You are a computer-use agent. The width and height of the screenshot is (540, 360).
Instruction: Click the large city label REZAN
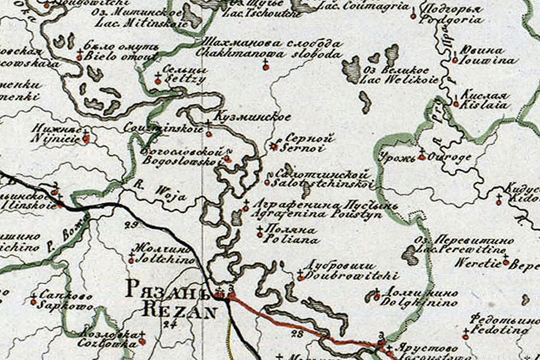[x=179, y=310]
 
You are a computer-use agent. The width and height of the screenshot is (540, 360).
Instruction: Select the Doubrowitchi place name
[x=351, y=277]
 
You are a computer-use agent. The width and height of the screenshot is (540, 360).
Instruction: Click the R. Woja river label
[x=161, y=193]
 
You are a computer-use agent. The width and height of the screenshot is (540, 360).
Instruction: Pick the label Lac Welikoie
[x=399, y=80]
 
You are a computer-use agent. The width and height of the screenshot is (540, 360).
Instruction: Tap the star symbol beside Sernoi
[x=275, y=145]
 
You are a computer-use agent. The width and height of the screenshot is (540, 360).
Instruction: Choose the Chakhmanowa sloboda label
[x=268, y=53]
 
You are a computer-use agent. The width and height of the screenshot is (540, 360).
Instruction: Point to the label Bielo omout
[x=122, y=56]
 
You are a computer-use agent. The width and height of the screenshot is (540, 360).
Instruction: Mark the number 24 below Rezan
[x=170, y=323]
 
